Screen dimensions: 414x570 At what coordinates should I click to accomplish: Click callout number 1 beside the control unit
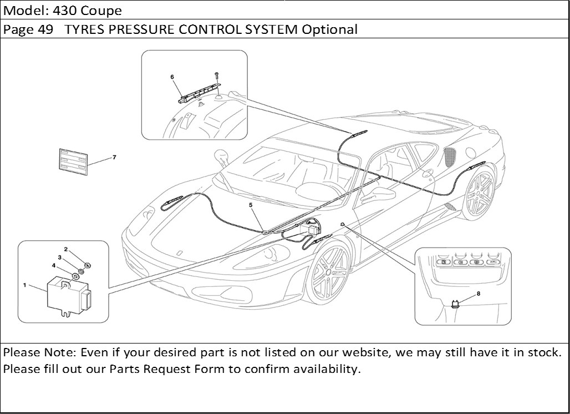(x=24, y=285)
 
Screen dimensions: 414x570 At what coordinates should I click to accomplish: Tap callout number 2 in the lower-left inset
(x=65, y=249)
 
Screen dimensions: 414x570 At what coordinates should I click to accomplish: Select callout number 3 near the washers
(x=59, y=258)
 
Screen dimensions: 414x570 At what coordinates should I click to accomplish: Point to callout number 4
(x=54, y=265)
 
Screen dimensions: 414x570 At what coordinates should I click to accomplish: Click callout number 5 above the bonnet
(x=251, y=205)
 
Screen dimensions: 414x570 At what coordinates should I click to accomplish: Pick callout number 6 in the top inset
(x=172, y=77)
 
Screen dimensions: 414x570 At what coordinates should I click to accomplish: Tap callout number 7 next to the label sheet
(x=114, y=157)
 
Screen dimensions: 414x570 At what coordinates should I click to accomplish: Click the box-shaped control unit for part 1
(x=67, y=294)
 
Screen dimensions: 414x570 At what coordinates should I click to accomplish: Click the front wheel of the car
(x=328, y=271)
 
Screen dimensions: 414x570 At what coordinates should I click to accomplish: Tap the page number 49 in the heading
(x=46, y=29)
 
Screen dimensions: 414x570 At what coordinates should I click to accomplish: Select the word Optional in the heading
(x=329, y=29)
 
